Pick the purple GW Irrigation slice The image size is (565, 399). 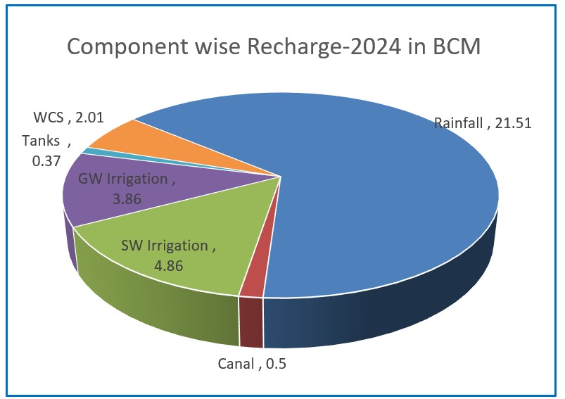coord(99,204)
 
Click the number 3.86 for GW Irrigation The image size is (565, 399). coord(127,198)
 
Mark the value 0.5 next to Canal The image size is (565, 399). coord(277,364)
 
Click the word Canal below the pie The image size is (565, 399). coord(236,364)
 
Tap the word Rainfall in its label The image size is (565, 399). coord(459,123)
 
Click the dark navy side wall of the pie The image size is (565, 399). coord(394,310)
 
